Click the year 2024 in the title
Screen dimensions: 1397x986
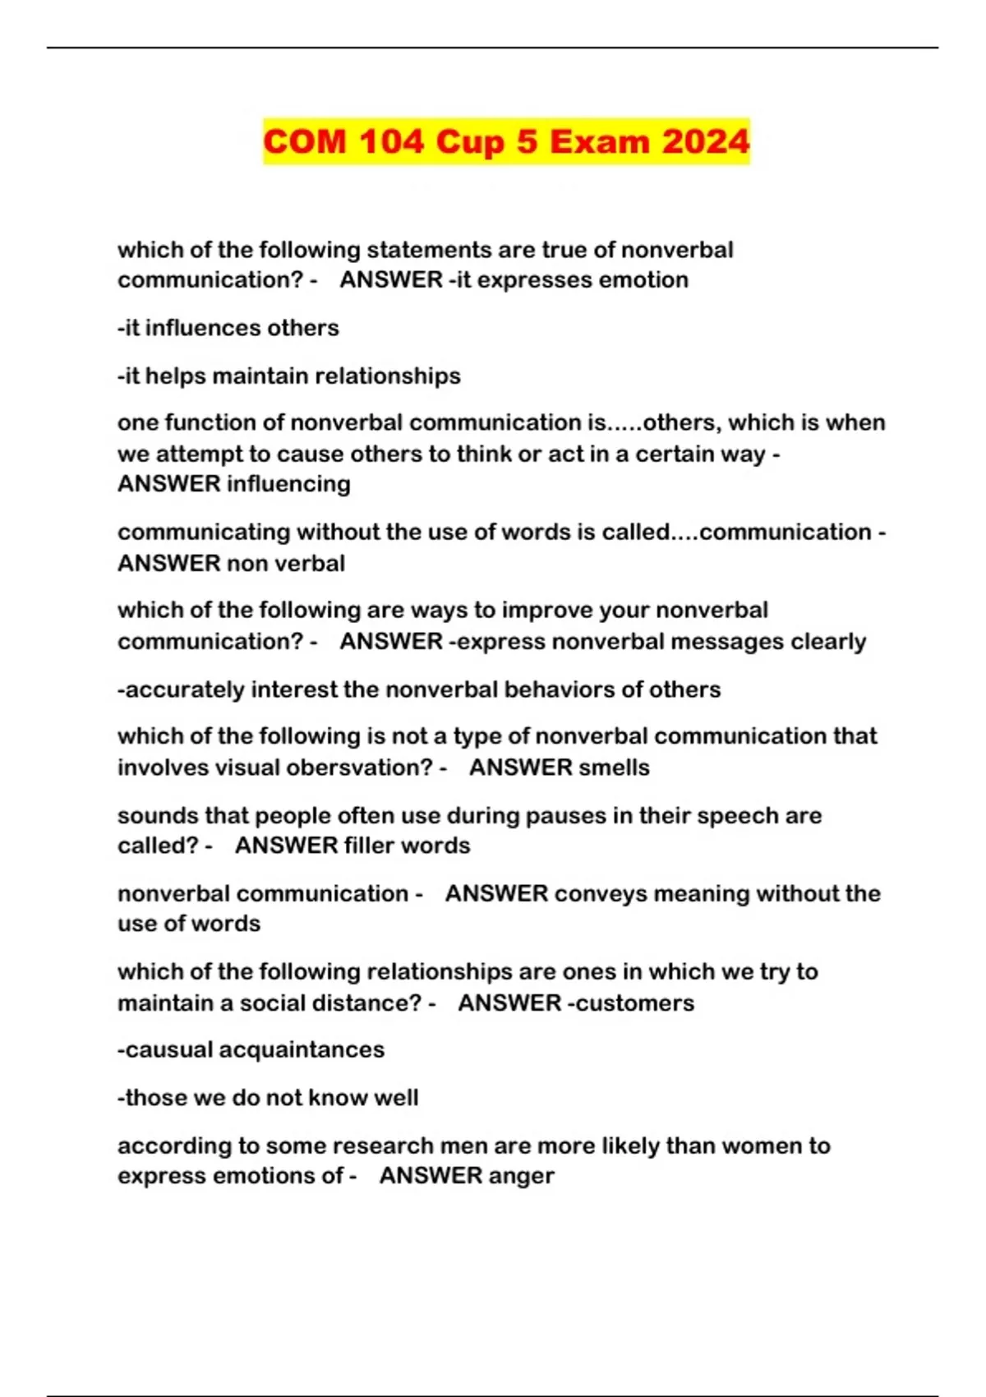706,141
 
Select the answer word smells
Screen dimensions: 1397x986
615,768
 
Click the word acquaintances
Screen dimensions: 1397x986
301,1050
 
